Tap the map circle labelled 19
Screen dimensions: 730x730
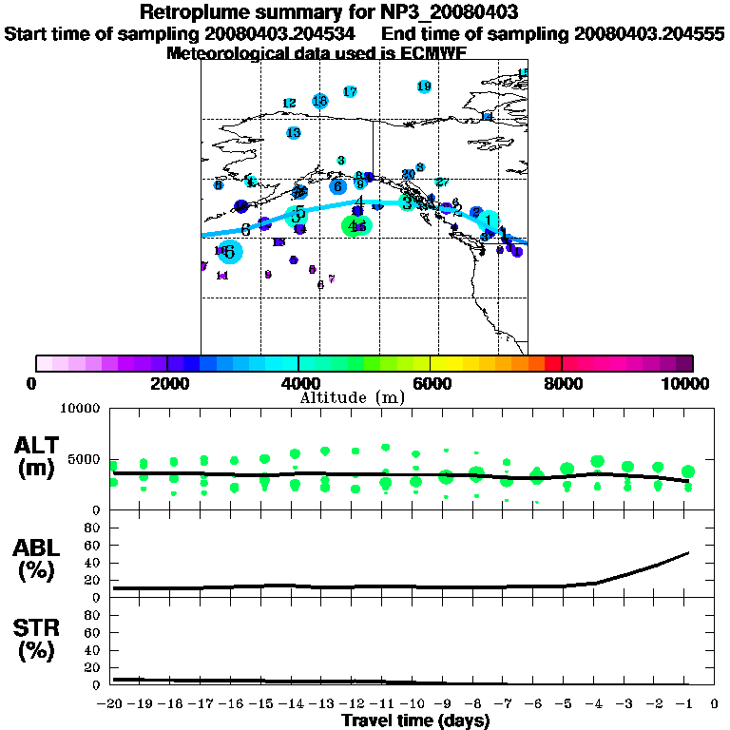tap(424, 86)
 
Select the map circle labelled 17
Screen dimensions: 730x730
tap(350, 91)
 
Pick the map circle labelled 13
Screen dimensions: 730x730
tap(294, 133)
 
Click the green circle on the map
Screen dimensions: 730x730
tap(355, 225)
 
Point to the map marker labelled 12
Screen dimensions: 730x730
tap(289, 103)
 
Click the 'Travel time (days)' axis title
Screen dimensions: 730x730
tap(415, 720)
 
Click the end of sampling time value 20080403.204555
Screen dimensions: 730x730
tap(649, 34)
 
